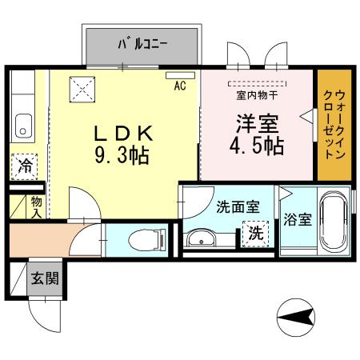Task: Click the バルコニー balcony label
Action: [142, 45]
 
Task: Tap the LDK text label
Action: [124, 131]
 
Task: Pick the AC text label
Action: [180, 86]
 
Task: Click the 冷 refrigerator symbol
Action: [26, 167]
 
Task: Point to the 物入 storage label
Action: [36, 206]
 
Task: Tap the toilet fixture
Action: [148, 238]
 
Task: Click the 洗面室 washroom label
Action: [238, 206]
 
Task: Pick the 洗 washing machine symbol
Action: [255, 235]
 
